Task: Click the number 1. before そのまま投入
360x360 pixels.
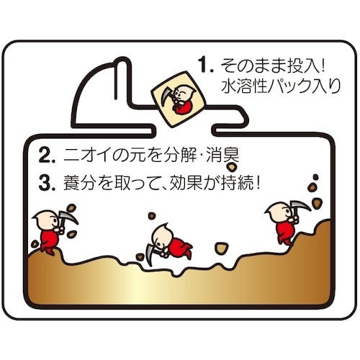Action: point(206,65)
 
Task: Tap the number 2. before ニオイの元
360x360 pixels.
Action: point(47,156)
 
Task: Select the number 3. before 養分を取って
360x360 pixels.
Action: point(47,184)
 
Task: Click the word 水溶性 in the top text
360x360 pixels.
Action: point(244,86)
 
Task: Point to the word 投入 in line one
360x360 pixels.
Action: point(303,65)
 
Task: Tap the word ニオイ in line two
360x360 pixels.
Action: point(88,156)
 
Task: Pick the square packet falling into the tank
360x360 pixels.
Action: point(179,99)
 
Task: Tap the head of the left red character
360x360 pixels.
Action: point(46,219)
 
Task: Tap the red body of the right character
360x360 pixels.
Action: point(285,231)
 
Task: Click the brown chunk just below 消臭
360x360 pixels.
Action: point(231,167)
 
